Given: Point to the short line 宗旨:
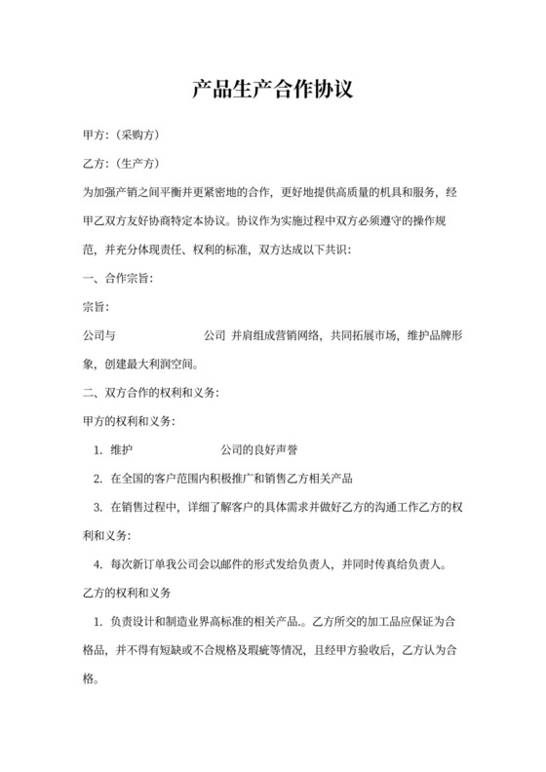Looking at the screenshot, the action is click(94, 307).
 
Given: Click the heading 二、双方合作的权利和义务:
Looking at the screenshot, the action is click(148, 394).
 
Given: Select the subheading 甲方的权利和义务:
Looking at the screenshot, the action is click(128, 422).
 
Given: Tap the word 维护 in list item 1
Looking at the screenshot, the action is click(121, 450).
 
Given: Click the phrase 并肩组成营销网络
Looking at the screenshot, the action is click(276, 336).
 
